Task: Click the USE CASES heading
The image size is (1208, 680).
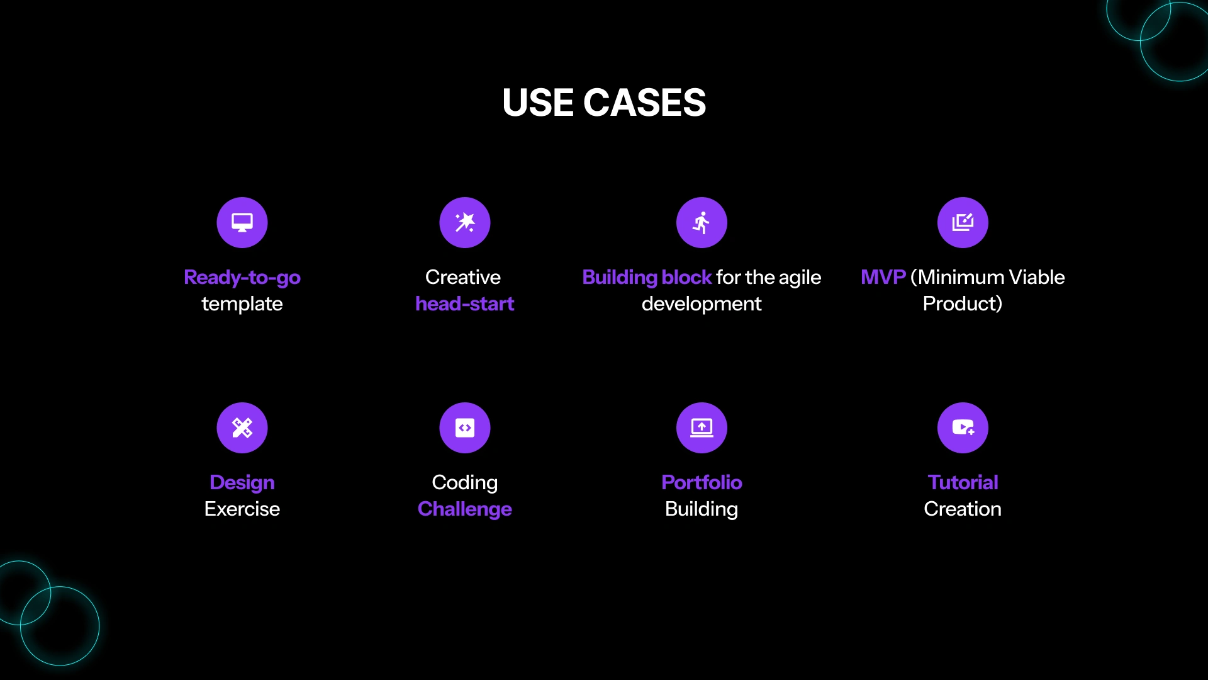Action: coord(604,103)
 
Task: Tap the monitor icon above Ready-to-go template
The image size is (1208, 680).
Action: coord(242,222)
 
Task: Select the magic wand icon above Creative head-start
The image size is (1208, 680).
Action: coord(465,222)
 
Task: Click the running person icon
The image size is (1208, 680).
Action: coord(702,222)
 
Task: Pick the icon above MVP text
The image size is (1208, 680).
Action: coord(963,222)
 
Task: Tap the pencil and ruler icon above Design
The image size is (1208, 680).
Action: coord(242,428)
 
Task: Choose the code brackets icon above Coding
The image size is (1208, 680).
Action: coord(465,428)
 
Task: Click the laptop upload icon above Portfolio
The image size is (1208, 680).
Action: coord(702,428)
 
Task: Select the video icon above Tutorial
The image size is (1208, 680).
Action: coord(963,428)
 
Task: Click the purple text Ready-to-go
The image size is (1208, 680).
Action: coord(242,278)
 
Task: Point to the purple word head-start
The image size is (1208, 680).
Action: coord(465,303)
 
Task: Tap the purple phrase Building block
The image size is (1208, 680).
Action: coord(647,278)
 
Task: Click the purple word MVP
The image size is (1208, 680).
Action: coord(883,277)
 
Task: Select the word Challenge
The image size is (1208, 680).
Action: coord(465,509)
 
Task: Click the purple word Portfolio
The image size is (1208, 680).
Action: coord(702,482)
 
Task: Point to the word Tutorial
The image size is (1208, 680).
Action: coord(963,482)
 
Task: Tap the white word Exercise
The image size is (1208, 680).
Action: coord(242,509)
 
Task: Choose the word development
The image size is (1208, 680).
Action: coord(702,304)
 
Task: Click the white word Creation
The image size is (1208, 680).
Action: coord(963,509)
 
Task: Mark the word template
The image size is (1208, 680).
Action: coord(242,305)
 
